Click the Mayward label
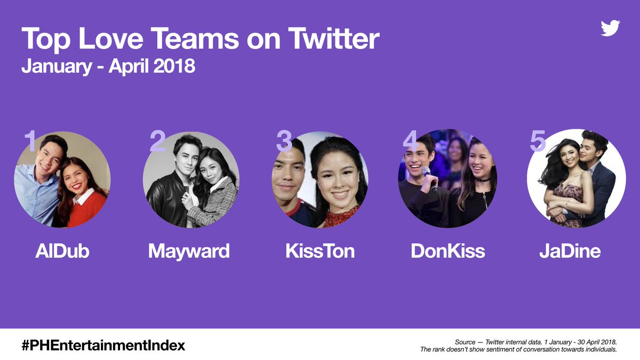189,251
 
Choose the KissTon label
320,251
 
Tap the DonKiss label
447,251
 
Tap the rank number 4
411,141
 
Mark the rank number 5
538,141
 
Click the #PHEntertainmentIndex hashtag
103,345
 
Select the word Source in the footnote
465,341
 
